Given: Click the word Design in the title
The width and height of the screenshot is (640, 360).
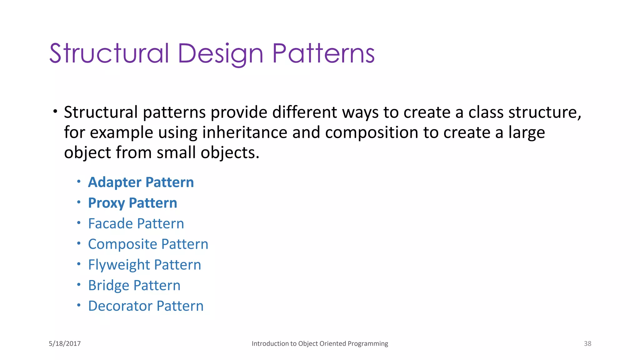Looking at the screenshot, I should [x=220, y=54].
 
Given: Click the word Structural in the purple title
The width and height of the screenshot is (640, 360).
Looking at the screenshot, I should [x=109, y=54].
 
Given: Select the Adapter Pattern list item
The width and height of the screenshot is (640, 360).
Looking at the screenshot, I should [x=141, y=182].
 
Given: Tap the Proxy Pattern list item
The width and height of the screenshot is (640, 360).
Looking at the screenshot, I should [x=132, y=203].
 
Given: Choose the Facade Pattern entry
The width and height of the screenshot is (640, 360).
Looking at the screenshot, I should [x=136, y=223].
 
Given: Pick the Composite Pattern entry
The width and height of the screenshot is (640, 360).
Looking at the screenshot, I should [x=148, y=244].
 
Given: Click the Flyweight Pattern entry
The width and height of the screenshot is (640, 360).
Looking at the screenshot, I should [x=144, y=265].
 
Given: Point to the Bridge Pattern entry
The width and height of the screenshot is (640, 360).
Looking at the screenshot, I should [x=134, y=285].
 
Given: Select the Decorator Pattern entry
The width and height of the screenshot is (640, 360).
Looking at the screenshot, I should [x=146, y=306].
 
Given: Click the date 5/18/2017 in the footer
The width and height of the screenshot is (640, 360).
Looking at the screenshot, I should [x=65, y=343].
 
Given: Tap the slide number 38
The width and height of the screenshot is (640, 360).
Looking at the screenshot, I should [x=587, y=343].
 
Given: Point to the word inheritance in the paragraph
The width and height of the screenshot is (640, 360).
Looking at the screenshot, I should [x=245, y=132].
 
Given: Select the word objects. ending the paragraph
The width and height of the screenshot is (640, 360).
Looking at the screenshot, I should [x=230, y=153].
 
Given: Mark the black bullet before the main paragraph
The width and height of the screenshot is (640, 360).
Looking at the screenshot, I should [x=55, y=111].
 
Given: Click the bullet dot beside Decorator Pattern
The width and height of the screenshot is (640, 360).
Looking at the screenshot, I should [x=79, y=305].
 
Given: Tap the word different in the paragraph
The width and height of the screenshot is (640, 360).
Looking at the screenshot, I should [x=301, y=112].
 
